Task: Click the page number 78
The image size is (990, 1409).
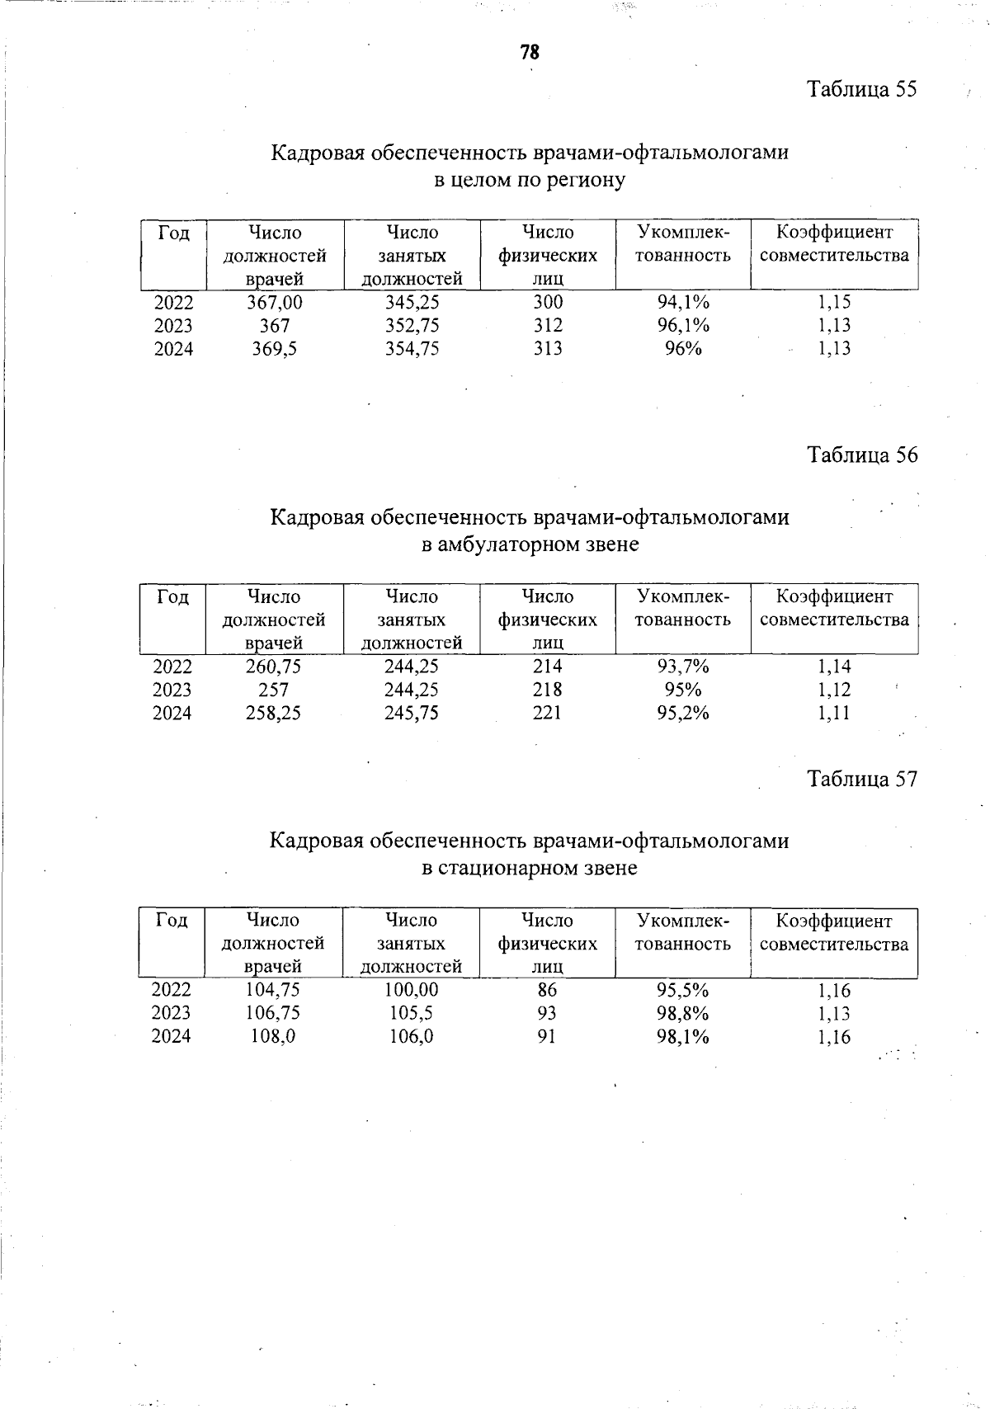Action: point(529,53)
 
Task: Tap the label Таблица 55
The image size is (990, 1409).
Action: point(861,89)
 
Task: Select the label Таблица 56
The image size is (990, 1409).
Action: point(861,455)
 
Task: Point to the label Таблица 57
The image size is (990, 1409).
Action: point(861,780)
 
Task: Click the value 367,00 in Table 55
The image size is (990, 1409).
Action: point(275,302)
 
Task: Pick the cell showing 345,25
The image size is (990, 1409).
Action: point(412,302)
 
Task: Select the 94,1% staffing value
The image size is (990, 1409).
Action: point(683,302)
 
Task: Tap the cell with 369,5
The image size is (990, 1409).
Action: point(275,349)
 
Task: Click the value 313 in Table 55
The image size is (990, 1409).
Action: point(548,349)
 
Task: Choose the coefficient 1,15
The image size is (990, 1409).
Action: point(834,302)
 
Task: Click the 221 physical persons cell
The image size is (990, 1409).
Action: point(547,713)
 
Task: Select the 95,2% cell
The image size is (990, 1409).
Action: point(683,713)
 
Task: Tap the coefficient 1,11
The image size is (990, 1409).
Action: point(834,714)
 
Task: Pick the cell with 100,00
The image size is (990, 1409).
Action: point(412,990)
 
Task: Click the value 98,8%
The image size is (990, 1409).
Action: point(683,1013)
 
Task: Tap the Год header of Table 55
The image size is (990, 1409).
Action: point(173,233)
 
